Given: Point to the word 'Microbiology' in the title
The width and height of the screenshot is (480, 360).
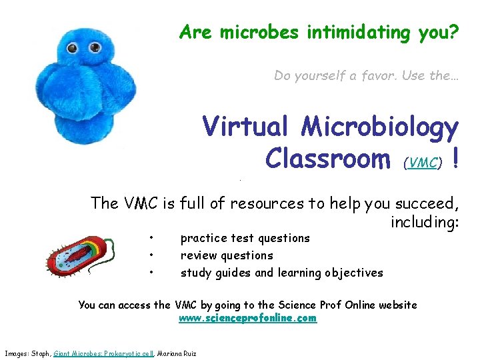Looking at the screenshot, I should (x=379, y=127).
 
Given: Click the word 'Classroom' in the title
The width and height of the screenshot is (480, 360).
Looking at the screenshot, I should (x=327, y=159).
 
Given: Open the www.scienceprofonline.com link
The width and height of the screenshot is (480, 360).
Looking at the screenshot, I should (x=248, y=319).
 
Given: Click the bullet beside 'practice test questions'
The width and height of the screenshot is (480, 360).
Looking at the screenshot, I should (x=152, y=238).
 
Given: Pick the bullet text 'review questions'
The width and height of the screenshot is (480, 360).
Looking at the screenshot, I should (x=227, y=255).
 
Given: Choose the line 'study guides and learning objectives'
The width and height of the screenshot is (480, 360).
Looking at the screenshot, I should (x=281, y=273).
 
